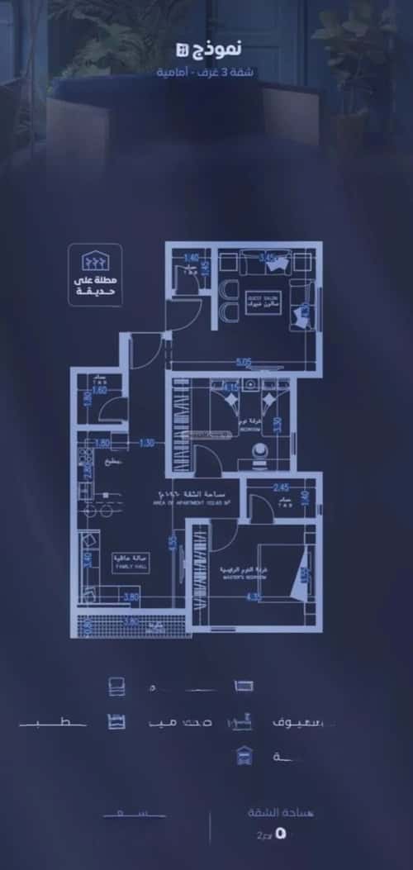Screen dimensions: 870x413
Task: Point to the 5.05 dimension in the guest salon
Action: tap(243, 361)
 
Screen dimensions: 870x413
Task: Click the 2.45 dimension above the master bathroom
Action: tap(279, 487)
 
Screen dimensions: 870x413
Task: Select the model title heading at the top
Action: tap(216, 51)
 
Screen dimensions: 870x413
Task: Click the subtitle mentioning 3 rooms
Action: tap(207, 73)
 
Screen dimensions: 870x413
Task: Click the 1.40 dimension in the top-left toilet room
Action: tap(192, 258)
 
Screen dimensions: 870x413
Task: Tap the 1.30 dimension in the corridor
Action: tap(147, 443)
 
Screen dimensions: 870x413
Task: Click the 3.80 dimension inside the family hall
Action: tap(131, 597)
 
